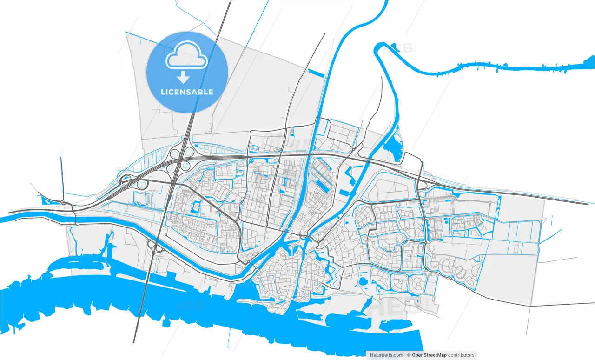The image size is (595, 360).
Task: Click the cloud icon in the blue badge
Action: pyautogui.click(x=187, y=55)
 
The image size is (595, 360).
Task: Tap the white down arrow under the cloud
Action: pyautogui.click(x=184, y=77)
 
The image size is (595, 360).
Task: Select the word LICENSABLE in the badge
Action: pyautogui.click(x=187, y=92)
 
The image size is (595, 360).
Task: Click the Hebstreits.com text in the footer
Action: pyautogui.click(x=386, y=355)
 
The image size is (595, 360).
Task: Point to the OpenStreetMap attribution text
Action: pyautogui.click(x=430, y=355)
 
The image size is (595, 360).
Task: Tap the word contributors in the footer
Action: pyautogui.click(x=462, y=355)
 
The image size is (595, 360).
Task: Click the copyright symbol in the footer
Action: pyautogui.click(x=409, y=355)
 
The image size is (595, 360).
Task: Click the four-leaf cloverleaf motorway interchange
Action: pyautogui.click(x=181, y=158)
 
